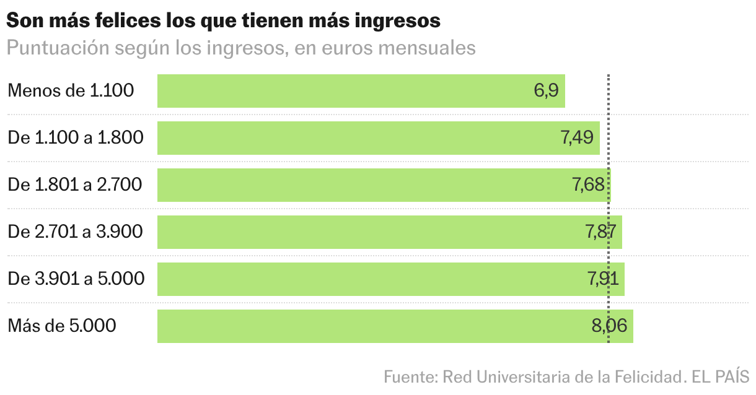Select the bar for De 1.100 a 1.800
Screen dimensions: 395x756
[x=378, y=138]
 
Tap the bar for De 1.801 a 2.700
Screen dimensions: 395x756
[x=384, y=185]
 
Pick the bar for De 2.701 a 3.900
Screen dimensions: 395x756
[x=389, y=232]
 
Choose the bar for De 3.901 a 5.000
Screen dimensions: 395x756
[x=390, y=279]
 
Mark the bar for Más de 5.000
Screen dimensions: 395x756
[x=395, y=326]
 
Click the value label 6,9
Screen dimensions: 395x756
[x=546, y=91]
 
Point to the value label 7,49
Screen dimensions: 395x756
[x=577, y=138]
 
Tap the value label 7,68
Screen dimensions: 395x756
[x=588, y=185]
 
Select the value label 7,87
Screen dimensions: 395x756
[x=600, y=232]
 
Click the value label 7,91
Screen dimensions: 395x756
[x=602, y=279]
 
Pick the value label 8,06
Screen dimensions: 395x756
[x=610, y=326]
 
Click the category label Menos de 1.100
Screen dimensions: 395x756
[x=71, y=91]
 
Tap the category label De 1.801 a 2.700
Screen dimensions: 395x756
[x=75, y=185]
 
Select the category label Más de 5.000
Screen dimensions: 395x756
[x=62, y=326]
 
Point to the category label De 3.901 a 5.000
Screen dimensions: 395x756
[x=76, y=279]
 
